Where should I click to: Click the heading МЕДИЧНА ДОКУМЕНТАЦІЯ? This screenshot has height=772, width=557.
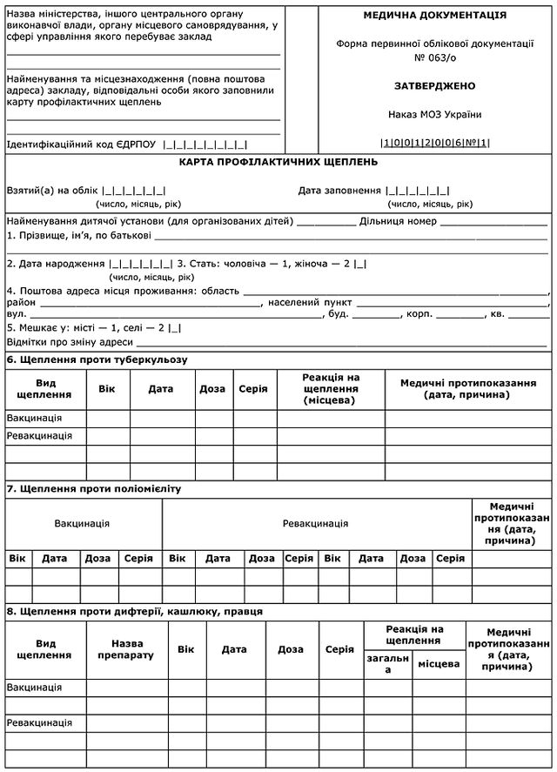click(x=435, y=16)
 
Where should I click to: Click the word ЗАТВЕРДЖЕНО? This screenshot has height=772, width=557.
click(x=435, y=86)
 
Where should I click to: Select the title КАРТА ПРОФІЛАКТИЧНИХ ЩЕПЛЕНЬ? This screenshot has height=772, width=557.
click(x=278, y=162)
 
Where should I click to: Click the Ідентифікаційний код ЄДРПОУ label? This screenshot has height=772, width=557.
click(x=83, y=145)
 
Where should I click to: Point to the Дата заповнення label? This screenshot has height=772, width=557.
click(x=339, y=191)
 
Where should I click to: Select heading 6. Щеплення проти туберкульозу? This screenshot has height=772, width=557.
click(x=97, y=359)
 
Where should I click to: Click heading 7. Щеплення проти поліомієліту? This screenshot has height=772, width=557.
click(x=93, y=488)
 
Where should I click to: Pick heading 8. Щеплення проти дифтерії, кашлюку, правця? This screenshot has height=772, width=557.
click(x=134, y=611)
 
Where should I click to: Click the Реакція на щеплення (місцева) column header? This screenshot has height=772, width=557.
click(x=331, y=389)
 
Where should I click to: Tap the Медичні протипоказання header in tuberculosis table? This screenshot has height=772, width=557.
click(x=466, y=389)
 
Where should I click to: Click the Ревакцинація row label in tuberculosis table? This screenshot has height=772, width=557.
click(x=39, y=435)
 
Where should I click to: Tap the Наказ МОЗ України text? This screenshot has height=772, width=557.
click(x=435, y=115)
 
